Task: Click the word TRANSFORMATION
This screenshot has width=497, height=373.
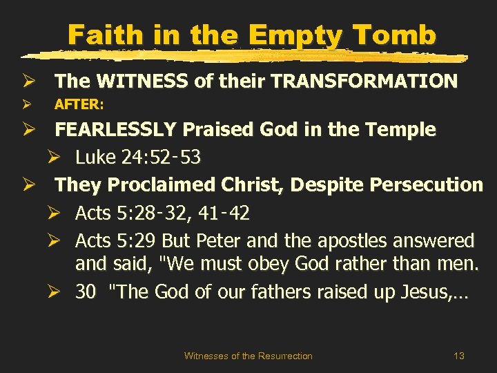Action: click(364, 82)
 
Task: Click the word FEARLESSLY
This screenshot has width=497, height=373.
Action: click(115, 129)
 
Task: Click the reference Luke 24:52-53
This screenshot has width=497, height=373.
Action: click(138, 157)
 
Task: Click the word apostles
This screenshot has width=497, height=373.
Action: click(355, 241)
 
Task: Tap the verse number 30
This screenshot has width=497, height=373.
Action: click(86, 292)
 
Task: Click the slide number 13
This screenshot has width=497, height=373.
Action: click(459, 356)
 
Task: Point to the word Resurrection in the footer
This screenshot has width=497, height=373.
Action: click(285, 356)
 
